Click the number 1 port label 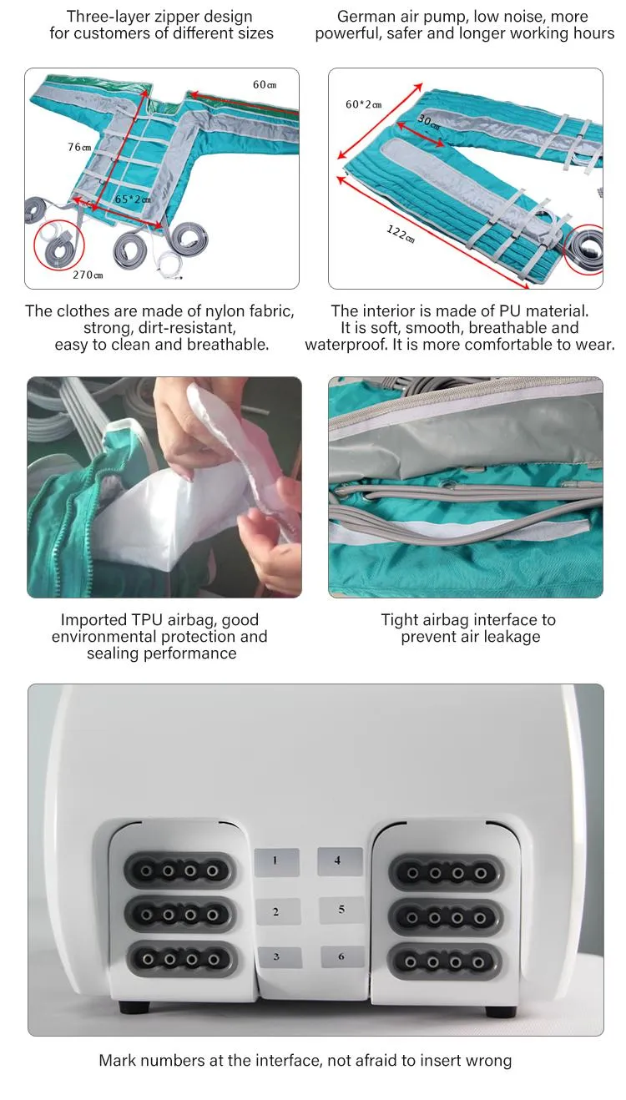point(276,862)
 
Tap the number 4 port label point(340,861)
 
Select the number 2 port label point(278,912)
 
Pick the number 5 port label point(341,909)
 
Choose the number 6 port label point(342,956)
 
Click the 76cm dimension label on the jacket point(79,147)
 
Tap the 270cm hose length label point(88,275)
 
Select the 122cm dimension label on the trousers point(401,234)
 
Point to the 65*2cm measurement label point(133,199)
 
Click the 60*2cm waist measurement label point(363,104)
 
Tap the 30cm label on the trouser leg point(429,121)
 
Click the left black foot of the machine point(134,1007)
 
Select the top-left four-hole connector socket point(179,871)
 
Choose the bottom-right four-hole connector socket point(445,962)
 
